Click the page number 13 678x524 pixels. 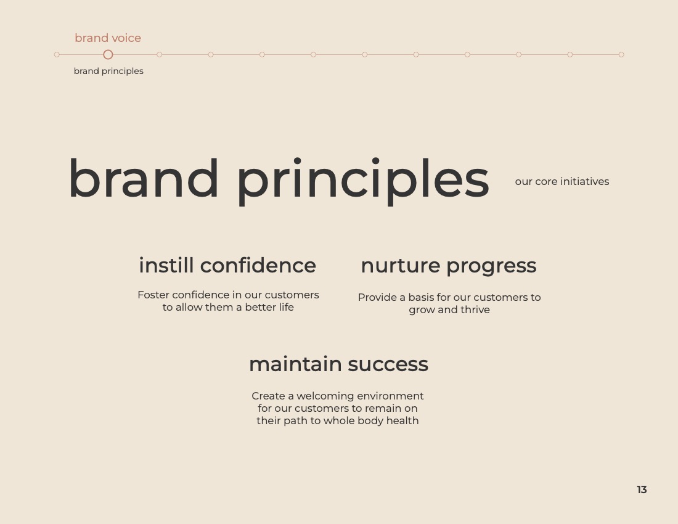click(642, 489)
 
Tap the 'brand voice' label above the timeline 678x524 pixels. click(108, 38)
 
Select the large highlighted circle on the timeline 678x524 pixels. click(108, 54)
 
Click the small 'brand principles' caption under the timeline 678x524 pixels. click(108, 71)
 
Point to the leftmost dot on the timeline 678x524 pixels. click(57, 54)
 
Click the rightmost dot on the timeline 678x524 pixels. click(621, 54)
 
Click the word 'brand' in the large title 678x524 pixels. click(144, 178)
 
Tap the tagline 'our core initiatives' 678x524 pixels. click(562, 182)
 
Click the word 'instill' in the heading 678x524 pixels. click(166, 265)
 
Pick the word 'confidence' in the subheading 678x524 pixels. click(258, 265)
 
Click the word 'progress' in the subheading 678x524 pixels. click(492, 267)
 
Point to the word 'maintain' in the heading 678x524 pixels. click(295, 364)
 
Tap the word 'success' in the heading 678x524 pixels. click(388, 365)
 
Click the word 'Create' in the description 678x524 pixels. click(268, 396)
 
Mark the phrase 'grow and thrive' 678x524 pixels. click(449, 310)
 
